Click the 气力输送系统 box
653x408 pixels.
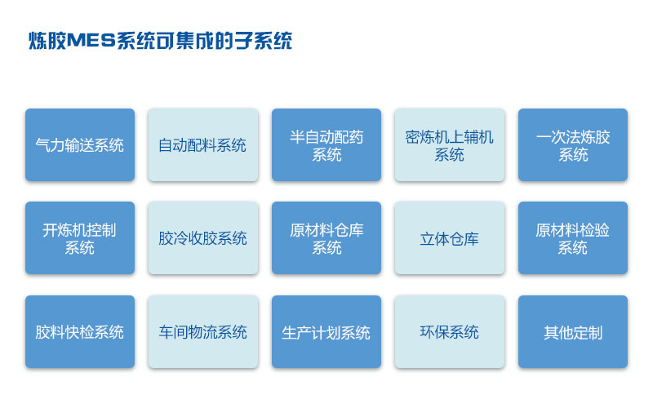(80, 145)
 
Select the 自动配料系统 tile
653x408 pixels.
(202, 145)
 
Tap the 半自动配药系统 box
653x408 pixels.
(326, 145)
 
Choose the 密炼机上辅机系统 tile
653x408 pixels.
(450, 145)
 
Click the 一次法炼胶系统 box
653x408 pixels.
(573, 145)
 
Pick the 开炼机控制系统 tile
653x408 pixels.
(80, 237)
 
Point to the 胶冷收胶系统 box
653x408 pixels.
(202, 237)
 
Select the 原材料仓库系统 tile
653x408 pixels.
(326, 237)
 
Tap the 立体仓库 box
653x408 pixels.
(450, 237)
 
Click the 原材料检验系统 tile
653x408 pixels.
(573, 237)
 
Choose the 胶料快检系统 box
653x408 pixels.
(80, 331)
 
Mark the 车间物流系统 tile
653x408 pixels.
(202, 331)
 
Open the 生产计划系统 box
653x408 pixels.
(326, 331)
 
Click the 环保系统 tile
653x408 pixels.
(450, 331)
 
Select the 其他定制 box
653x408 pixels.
(573, 331)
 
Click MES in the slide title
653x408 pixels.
(91, 41)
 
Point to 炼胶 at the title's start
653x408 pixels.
(47, 41)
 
